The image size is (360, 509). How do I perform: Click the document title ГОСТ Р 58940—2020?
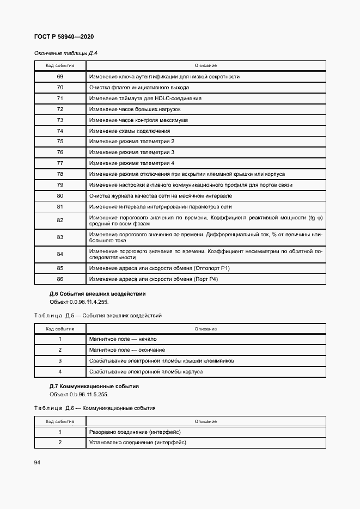(64, 36)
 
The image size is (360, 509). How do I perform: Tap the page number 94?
(37, 462)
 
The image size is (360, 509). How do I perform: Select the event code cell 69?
(60, 77)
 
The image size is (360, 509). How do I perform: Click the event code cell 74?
(60, 131)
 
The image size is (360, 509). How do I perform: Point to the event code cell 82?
(60, 220)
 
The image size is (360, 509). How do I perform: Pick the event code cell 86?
(60, 279)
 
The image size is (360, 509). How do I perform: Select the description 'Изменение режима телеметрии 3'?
(132, 152)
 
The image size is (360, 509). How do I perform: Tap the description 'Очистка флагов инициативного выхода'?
(139, 88)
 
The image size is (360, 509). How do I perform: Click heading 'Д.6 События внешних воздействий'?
(97, 294)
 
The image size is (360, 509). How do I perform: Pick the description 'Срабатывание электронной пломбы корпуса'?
(145, 371)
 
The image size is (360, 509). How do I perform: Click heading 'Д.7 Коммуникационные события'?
(94, 386)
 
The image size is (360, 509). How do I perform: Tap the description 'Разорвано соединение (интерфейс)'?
(135, 432)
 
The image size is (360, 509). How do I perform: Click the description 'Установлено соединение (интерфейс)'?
(137, 443)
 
